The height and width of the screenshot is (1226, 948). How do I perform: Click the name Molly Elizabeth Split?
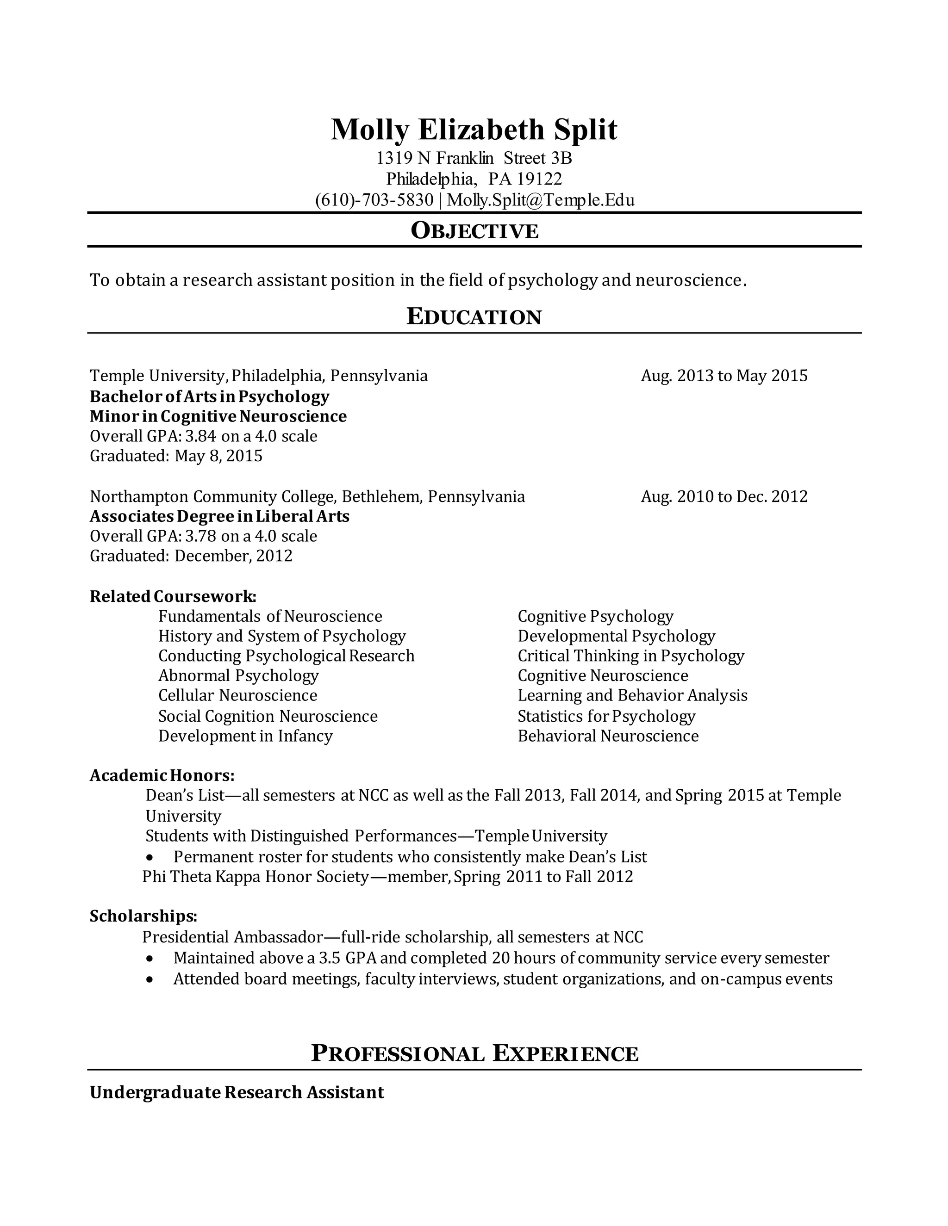(474, 130)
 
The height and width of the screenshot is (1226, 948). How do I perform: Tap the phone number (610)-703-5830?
(374, 200)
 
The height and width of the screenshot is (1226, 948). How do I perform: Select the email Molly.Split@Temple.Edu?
(540, 200)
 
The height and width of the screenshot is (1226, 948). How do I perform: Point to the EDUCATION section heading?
(474, 317)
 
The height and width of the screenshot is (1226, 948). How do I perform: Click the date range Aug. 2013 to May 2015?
(724, 376)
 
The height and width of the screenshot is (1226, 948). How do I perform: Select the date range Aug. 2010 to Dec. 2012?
(724, 496)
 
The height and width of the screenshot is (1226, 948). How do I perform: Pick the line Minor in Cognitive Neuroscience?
(218, 416)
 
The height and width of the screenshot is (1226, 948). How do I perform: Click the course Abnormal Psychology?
(238, 675)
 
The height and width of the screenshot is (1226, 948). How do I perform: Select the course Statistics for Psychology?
(606, 716)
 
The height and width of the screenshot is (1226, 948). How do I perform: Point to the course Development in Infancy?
(245, 736)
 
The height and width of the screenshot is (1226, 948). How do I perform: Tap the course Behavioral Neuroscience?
(608, 736)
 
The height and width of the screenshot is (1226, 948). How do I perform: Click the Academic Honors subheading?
(162, 776)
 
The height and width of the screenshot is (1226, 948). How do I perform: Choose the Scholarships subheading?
(143, 916)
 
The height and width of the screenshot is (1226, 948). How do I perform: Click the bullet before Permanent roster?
(150, 858)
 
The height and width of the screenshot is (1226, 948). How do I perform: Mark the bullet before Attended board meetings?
(150, 979)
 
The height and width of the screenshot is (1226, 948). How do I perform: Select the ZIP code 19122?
(539, 179)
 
